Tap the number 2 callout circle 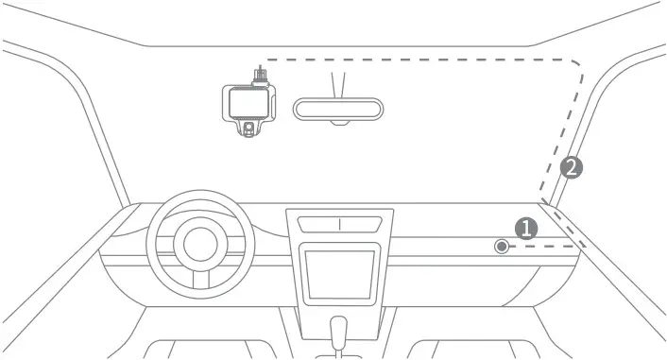pyautogui.click(x=571, y=168)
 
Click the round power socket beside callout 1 pyautogui.click(x=501, y=248)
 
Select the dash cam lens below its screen pyautogui.click(x=248, y=126)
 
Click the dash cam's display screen pyautogui.click(x=247, y=101)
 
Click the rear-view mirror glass pyautogui.click(x=339, y=108)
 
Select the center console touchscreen pyautogui.click(x=339, y=273)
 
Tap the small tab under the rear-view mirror pyautogui.click(x=339, y=124)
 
